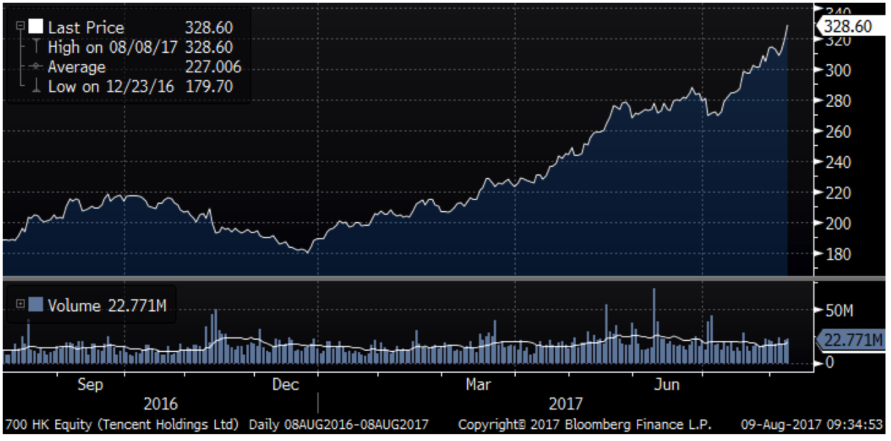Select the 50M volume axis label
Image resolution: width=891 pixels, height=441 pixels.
(839, 311)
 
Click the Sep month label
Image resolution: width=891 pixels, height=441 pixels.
(90, 384)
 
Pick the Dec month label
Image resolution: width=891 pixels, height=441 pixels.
(285, 384)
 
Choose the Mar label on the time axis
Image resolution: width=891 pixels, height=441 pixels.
(478, 384)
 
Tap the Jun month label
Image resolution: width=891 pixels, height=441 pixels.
(667, 384)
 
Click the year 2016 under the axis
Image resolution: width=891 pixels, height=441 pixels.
(160, 404)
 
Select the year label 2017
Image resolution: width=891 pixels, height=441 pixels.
(565, 404)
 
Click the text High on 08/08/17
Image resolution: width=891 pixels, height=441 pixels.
(112, 48)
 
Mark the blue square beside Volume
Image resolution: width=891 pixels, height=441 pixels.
(37, 305)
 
